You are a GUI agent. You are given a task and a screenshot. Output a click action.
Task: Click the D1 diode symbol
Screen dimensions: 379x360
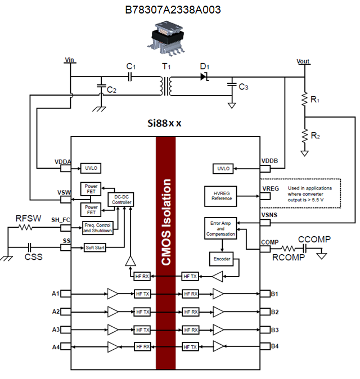[x=204, y=76]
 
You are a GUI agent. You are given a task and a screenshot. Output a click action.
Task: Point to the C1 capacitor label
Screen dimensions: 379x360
[x=130, y=66]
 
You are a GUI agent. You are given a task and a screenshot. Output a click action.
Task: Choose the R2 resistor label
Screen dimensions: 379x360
[x=315, y=136]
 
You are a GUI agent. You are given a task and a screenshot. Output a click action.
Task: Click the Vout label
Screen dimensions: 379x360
[x=303, y=61]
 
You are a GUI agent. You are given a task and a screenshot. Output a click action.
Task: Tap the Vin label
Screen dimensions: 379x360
[x=70, y=60]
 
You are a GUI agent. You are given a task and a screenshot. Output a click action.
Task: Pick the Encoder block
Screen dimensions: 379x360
[x=223, y=259]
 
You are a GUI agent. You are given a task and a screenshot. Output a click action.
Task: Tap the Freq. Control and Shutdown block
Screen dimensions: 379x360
[x=97, y=227]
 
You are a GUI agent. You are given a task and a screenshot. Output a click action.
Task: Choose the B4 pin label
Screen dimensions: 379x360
[x=274, y=346]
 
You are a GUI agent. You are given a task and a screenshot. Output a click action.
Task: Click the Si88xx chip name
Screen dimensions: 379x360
[x=163, y=123]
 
